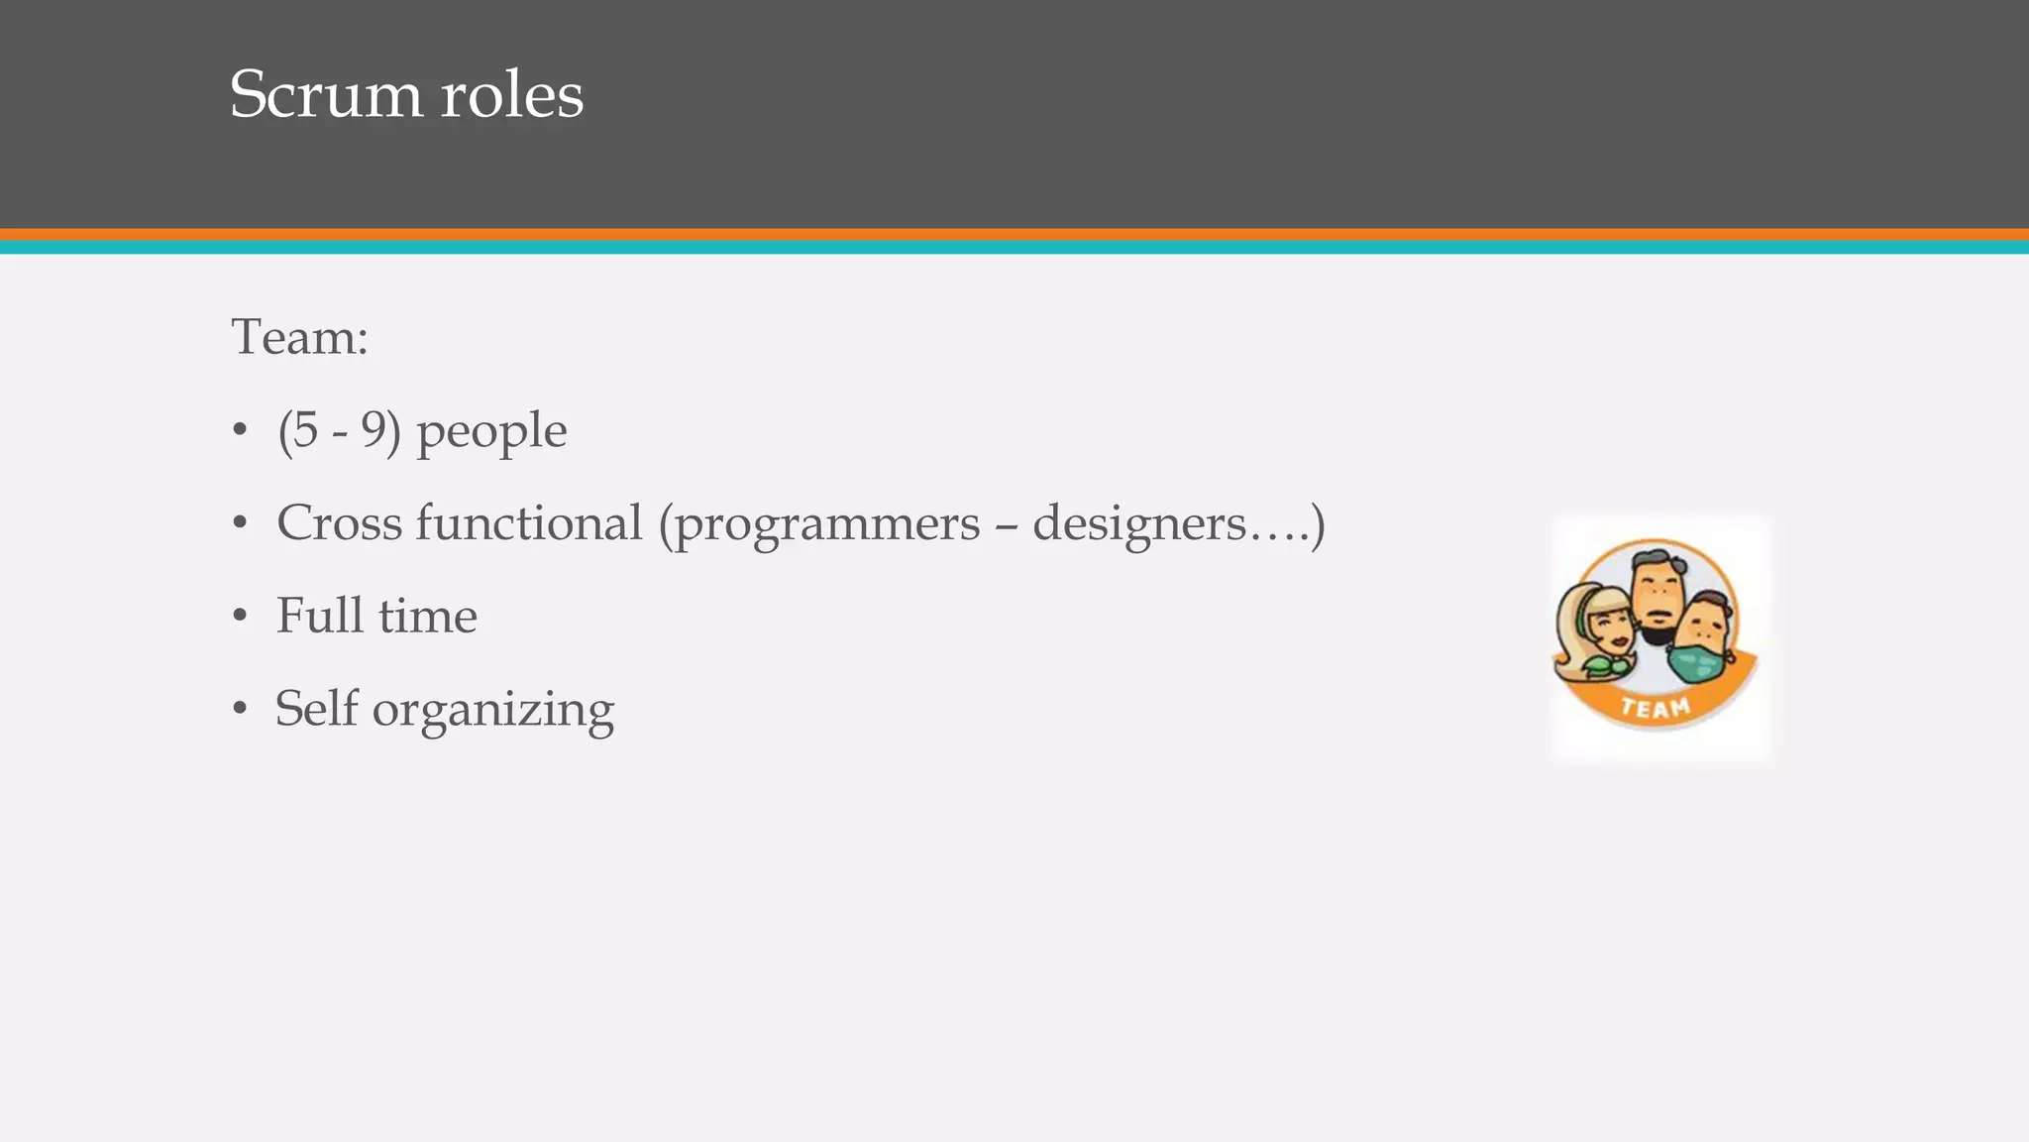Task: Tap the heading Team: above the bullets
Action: click(299, 337)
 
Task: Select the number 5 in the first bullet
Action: click(305, 430)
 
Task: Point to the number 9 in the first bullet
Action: click(374, 430)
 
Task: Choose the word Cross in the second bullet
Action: click(339, 522)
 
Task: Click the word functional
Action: click(528, 522)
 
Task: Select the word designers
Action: click(1139, 524)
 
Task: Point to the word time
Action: click(428, 616)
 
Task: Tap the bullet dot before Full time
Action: click(239, 617)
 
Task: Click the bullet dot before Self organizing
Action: click(239, 710)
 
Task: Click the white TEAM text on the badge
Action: click(1655, 708)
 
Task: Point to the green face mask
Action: click(1698, 662)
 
